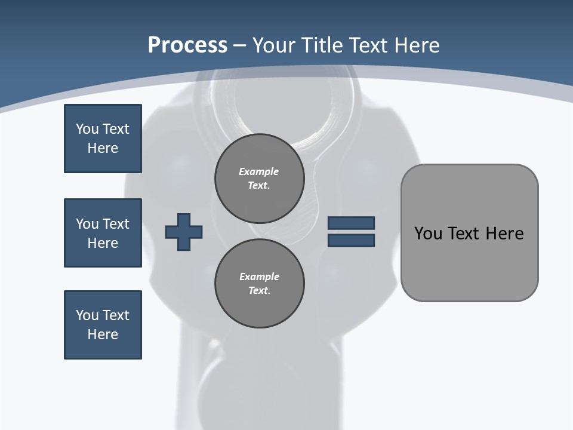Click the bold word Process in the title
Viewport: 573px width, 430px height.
click(x=187, y=45)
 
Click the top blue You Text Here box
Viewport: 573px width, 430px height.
click(x=103, y=139)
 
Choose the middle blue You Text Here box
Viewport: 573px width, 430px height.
click(x=103, y=233)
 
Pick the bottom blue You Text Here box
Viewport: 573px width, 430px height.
click(x=103, y=325)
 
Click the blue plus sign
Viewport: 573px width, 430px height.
click(x=183, y=232)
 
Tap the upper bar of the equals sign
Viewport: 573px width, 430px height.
click(x=351, y=223)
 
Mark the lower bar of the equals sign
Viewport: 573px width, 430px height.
click(x=351, y=240)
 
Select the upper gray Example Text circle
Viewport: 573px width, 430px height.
click(x=259, y=178)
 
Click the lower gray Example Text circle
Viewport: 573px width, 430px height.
click(x=259, y=283)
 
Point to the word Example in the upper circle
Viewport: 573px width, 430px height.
click(x=259, y=171)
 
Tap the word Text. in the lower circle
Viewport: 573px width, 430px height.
click(x=259, y=290)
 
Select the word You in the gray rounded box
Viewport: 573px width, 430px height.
click(x=428, y=234)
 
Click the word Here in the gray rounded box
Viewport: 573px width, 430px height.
click(x=504, y=234)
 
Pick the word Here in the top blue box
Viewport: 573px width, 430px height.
click(x=103, y=148)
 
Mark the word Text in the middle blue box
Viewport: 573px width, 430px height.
click(x=116, y=224)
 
